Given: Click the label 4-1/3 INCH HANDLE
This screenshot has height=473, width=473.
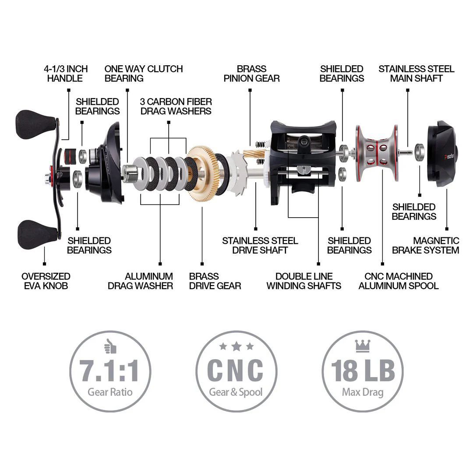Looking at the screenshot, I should (66, 74).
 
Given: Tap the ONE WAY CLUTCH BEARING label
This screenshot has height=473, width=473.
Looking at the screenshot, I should (143, 74).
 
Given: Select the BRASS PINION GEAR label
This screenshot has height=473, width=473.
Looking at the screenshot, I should (251, 74).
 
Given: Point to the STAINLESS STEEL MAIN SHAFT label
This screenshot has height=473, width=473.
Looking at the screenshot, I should (416, 74).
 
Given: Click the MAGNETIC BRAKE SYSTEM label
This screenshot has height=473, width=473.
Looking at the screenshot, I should (425, 246).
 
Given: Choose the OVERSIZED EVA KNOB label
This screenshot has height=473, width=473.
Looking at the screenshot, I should (46, 281).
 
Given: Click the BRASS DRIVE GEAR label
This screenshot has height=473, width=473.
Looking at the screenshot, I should (215, 281).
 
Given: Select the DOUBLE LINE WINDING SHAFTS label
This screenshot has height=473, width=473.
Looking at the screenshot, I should (304, 281).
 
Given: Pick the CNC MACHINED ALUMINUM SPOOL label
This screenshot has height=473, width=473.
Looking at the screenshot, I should (399, 281).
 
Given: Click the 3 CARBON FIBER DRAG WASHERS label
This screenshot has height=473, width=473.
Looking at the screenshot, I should (176, 106).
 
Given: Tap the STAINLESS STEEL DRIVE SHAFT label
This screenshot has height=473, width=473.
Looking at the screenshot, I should (260, 246).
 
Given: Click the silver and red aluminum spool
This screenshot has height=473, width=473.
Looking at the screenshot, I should (378, 154).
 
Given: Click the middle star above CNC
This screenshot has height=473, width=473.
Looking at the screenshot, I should (236, 346).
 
